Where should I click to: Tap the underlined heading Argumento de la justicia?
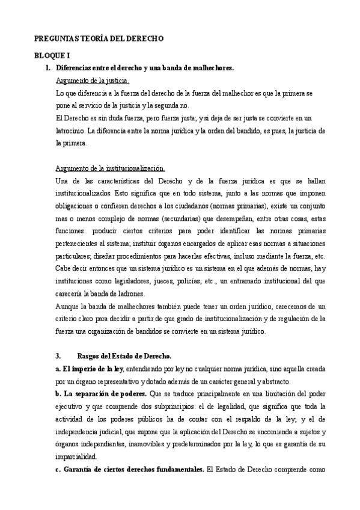(x=91, y=81)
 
